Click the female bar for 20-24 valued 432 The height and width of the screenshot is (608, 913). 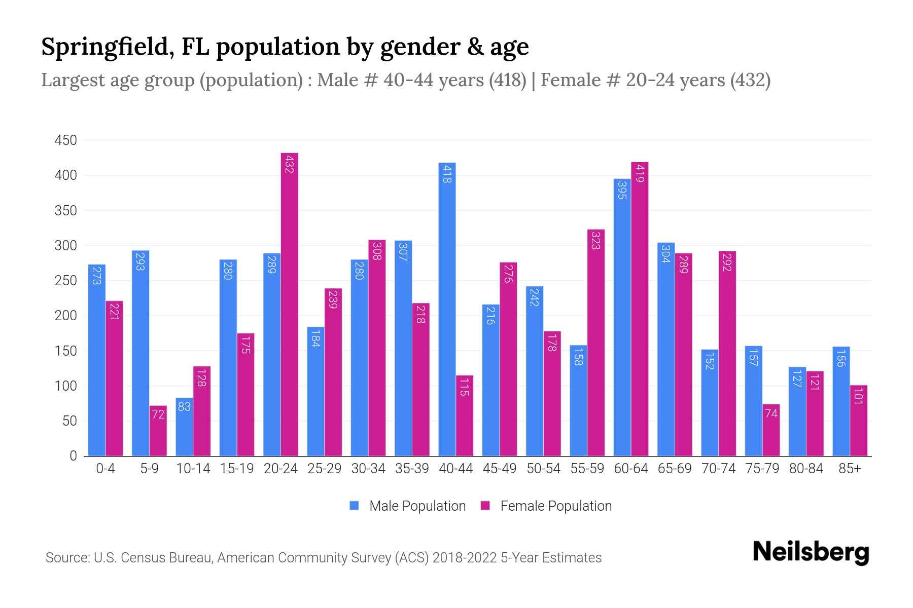point(289,304)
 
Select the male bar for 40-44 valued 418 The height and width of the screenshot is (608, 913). point(447,309)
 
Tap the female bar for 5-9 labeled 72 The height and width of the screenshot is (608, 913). point(158,431)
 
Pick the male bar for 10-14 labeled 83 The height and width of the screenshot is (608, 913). point(184,427)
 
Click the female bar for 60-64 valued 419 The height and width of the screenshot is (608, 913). point(640,309)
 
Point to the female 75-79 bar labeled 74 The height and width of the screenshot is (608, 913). point(771,430)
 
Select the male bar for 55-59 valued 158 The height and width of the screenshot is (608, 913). point(578,400)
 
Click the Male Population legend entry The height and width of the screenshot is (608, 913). point(408,506)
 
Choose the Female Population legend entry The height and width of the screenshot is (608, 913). point(546,506)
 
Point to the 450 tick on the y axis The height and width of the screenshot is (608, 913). point(66,140)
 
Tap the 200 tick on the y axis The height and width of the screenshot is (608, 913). point(66,316)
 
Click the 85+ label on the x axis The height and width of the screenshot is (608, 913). point(850,469)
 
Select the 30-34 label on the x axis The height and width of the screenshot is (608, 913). point(368,469)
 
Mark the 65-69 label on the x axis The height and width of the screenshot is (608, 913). point(675,469)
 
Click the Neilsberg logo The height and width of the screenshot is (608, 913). point(811,552)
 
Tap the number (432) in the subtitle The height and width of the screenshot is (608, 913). point(750,80)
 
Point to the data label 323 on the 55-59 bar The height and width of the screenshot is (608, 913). point(596,240)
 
